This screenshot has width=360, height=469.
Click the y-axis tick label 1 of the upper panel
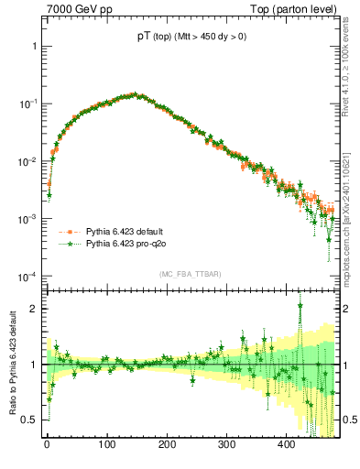point(34,46)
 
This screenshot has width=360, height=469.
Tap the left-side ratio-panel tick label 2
point(34,309)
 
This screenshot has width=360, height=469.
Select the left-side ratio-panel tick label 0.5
point(30,420)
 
